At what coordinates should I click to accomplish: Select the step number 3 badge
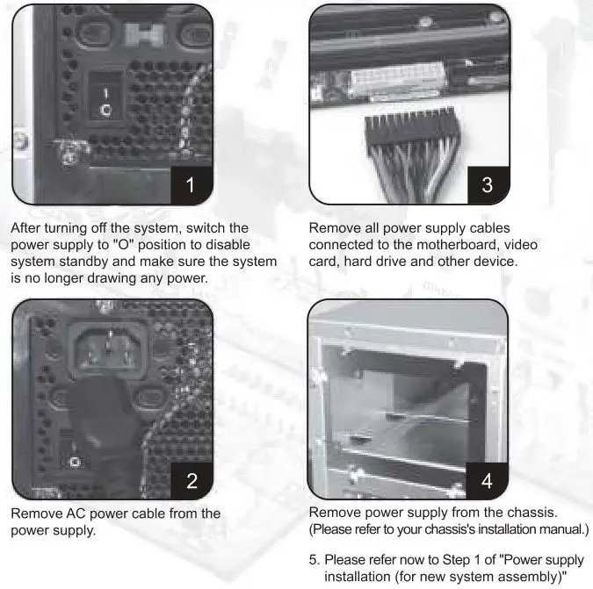488,183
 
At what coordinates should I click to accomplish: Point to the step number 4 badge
488,478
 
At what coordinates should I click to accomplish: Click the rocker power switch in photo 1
105,101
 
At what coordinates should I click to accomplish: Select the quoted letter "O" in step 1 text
143,244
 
